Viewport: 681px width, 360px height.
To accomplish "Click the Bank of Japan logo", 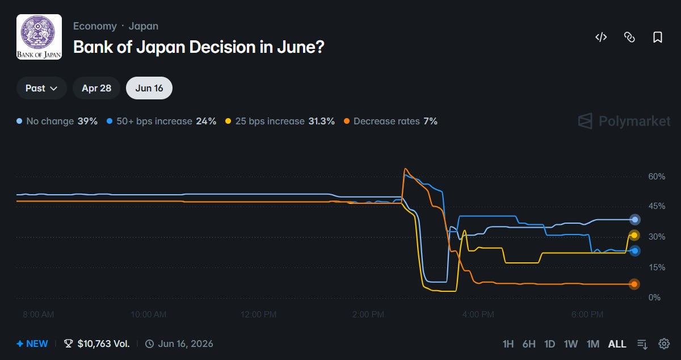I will tap(39, 37).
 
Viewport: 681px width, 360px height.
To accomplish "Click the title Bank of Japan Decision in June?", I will tap(199, 47).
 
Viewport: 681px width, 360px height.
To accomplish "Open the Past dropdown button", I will tap(41, 88).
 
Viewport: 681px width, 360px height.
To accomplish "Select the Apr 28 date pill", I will tap(96, 88).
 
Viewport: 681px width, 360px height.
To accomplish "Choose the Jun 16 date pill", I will tap(149, 88).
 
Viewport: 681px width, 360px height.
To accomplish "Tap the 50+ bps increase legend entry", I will tap(162, 121).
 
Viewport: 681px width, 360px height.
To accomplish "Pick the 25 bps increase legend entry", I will tap(280, 121).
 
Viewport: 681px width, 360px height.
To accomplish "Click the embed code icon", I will tap(601, 37).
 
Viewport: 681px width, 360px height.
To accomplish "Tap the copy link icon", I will tap(629, 37).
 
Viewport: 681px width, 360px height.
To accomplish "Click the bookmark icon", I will tap(658, 37).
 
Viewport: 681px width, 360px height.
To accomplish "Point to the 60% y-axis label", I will tap(657, 177).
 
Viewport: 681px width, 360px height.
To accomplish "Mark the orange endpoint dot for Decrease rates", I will tap(634, 284).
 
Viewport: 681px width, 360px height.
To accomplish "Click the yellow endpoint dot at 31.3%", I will tap(634, 235).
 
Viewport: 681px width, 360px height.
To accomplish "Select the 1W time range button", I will tap(571, 344).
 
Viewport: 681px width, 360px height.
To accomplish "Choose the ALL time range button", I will tap(617, 344).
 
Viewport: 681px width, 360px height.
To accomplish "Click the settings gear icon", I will tap(664, 344).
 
